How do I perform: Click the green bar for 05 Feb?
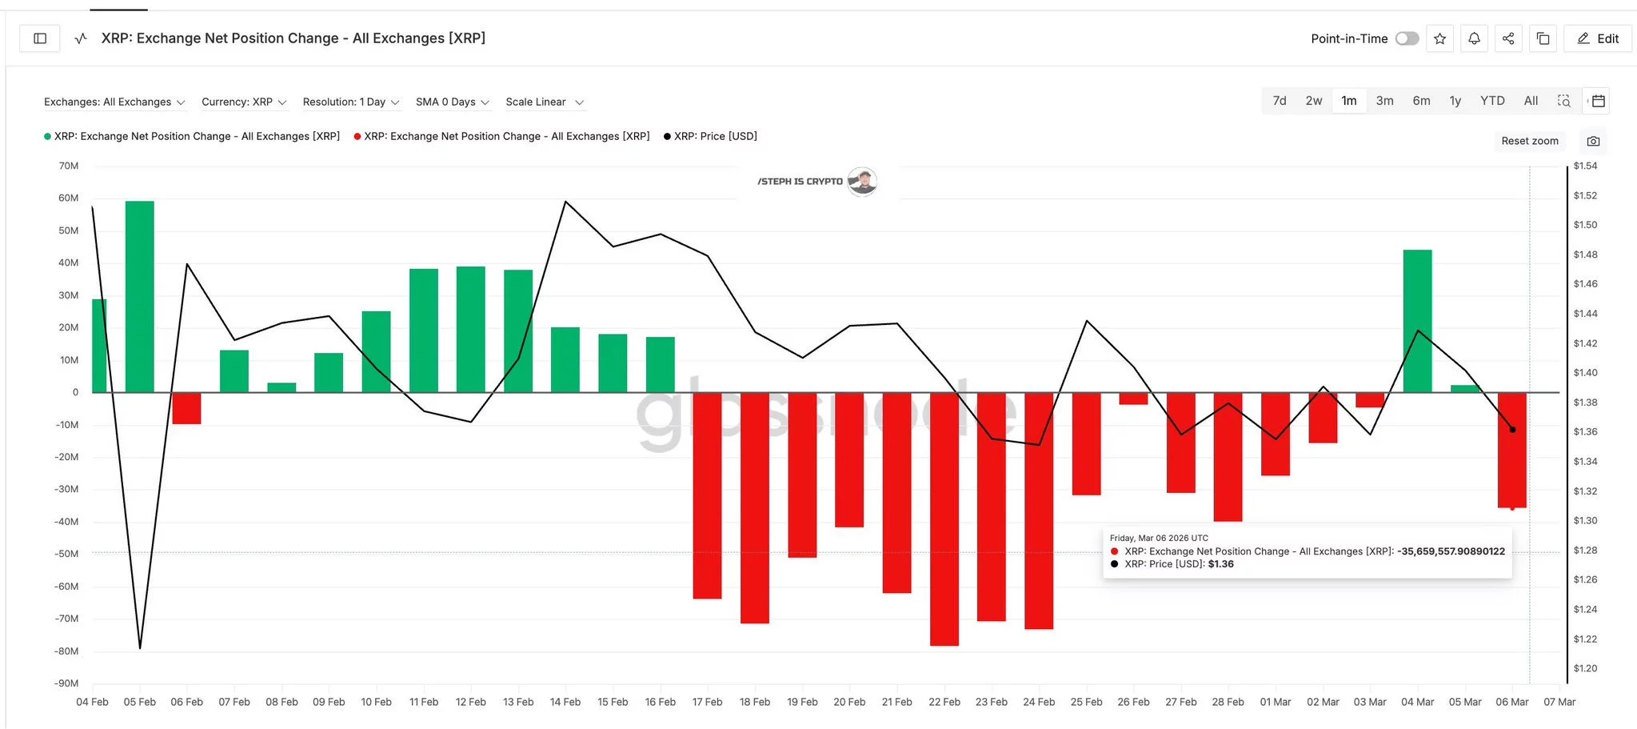tap(139, 296)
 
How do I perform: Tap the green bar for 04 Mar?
tap(1417, 320)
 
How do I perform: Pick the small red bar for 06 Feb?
tap(186, 408)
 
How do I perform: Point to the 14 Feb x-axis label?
tap(565, 702)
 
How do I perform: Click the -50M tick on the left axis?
tap(67, 554)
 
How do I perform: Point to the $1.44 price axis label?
tap(1585, 314)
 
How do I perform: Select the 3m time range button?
tap(1384, 101)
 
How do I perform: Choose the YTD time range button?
tap(1492, 101)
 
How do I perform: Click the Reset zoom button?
tap(1529, 141)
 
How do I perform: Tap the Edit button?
tap(1598, 38)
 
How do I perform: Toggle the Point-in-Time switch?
tap(1407, 38)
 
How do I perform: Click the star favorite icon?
tap(1439, 38)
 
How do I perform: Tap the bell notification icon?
tap(1474, 38)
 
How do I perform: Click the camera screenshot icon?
tap(1593, 141)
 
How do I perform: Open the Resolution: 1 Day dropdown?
tap(350, 102)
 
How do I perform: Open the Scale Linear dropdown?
tap(544, 102)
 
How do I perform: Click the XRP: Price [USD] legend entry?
tap(710, 136)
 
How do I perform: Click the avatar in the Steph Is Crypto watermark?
tap(862, 182)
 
